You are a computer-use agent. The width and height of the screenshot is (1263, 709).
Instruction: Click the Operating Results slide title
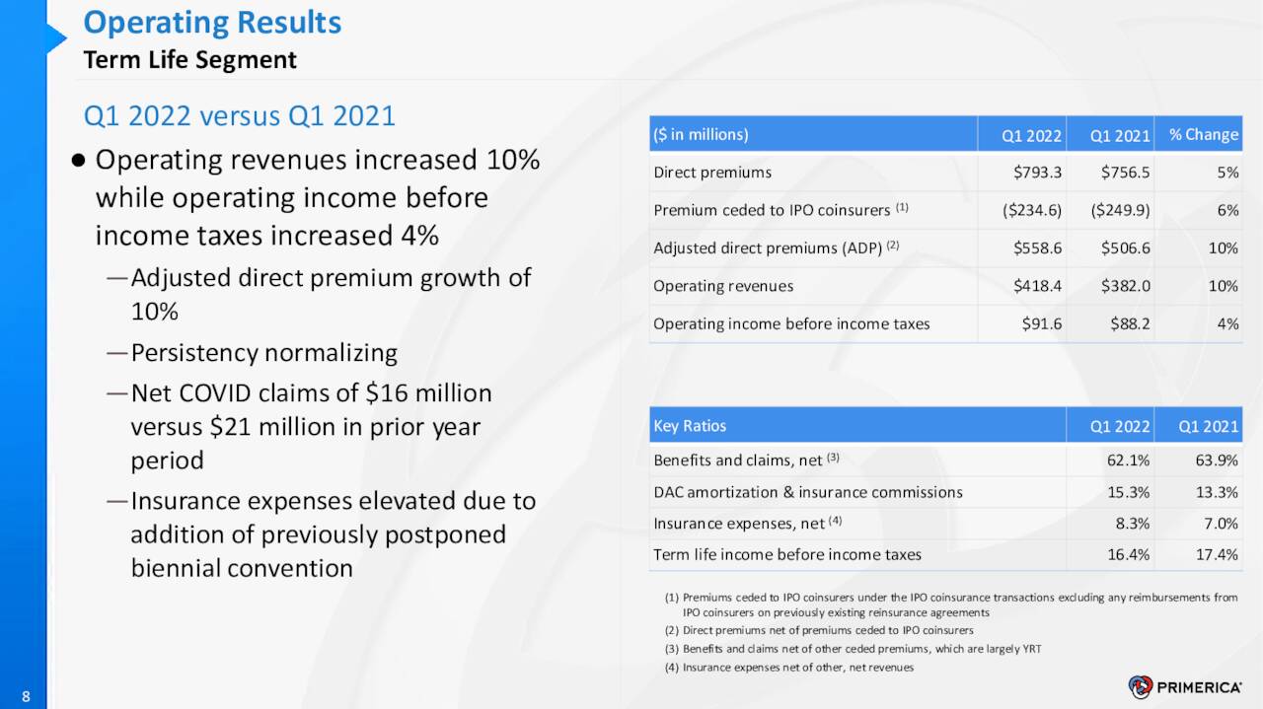tap(212, 23)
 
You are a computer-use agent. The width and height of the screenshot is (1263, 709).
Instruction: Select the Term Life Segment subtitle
tap(189, 60)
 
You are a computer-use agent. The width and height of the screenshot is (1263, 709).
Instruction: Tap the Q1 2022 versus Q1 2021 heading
tap(239, 116)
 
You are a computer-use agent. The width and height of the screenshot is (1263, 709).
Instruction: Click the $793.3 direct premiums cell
tap(1037, 173)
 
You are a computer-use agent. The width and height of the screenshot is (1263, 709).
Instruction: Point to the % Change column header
tap(1203, 135)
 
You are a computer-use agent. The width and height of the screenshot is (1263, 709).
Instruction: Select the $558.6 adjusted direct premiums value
tap(1037, 248)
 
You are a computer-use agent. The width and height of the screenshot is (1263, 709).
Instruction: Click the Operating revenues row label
tap(723, 286)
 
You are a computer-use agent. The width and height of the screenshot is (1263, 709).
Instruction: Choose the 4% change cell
tap(1227, 323)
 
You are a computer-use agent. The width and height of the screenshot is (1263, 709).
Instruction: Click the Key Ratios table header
tap(690, 426)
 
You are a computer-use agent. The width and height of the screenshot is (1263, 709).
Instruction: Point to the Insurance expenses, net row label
tap(739, 524)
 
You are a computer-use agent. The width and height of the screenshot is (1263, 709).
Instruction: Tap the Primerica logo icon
tap(1141, 687)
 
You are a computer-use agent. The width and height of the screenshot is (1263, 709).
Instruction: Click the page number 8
tap(26, 698)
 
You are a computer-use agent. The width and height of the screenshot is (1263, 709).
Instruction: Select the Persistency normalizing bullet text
tap(263, 353)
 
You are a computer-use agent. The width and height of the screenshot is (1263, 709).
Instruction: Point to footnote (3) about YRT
tap(853, 649)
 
